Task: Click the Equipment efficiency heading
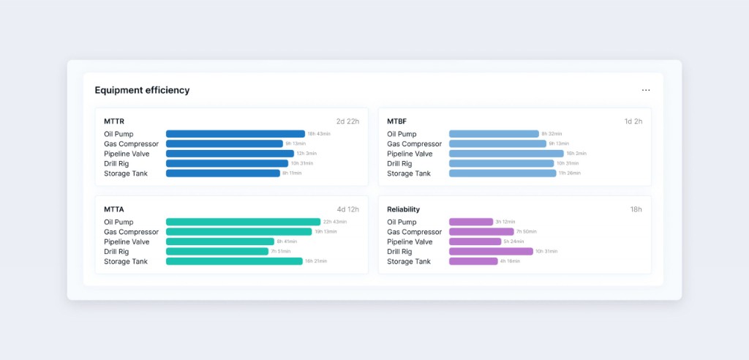click(x=142, y=90)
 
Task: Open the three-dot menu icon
click(x=646, y=90)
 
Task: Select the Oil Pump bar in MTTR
click(x=235, y=134)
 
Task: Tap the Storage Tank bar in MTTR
click(x=222, y=173)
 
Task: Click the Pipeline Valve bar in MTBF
click(x=506, y=154)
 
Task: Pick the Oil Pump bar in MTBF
click(x=494, y=134)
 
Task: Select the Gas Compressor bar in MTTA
click(x=238, y=232)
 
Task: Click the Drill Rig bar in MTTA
click(x=217, y=252)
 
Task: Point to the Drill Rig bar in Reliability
click(x=491, y=252)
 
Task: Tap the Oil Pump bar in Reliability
click(x=471, y=222)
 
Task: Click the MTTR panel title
click(x=113, y=121)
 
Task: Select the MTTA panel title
click(x=113, y=209)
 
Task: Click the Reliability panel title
click(x=403, y=209)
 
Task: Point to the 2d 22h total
click(x=347, y=121)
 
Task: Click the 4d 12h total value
click(x=347, y=209)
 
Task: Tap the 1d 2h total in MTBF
click(x=633, y=121)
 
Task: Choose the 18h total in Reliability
click(x=636, y=209)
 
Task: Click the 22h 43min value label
click(x=335, y=222)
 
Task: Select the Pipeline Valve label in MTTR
click(x=127, y=154)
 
